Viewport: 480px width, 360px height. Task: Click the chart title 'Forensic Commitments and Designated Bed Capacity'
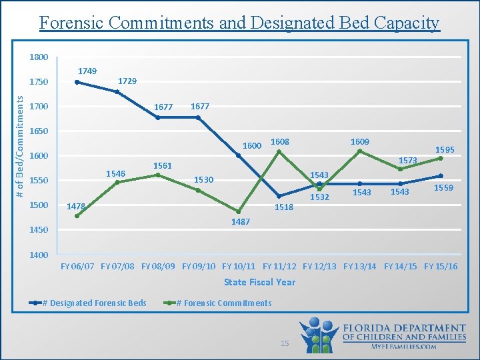(x=239, y=23)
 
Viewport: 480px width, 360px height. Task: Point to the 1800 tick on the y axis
(x=38, y=57)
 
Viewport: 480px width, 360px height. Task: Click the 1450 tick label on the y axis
(x=38, y=230)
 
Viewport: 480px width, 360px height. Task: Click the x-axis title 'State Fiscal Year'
(x=259, y=282)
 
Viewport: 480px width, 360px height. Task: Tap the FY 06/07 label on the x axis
(x=77, y=267)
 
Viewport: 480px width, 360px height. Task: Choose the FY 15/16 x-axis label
(x=441, y=267)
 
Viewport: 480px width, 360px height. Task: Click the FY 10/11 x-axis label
(x=239, y=267)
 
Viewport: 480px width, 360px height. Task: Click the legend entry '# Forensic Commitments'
(x=223, y=303)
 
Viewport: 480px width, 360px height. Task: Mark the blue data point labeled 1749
(x=77, y=82)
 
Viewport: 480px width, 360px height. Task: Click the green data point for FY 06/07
(x=77, y=216)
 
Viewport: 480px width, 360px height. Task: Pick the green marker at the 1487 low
(x=239, y=211)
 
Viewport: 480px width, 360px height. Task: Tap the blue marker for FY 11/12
(x=279, y=196)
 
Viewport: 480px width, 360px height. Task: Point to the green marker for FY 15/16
(x=441, y=158)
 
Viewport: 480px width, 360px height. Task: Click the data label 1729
(x=127, y=81)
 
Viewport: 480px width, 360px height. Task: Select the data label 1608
(x=279, y=141)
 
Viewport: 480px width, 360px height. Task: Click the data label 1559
(x=444, y=188)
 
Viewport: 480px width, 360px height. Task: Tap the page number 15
(x=285, y=343)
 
